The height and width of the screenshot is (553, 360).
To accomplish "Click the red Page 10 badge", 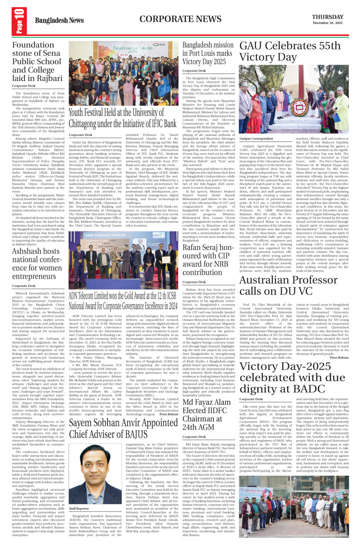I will tap(19, 21).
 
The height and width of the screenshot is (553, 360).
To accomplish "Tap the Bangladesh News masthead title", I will tap(59, 20).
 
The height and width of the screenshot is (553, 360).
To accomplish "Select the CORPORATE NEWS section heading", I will tap(180, 19).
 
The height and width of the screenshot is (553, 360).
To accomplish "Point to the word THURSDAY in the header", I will tap(327, 17).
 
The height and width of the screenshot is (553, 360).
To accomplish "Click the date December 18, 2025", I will tap(327, 23).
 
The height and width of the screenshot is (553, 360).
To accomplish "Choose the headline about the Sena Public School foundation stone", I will tap(37, 61).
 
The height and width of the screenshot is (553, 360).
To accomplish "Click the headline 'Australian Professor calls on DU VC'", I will tap(289, 285).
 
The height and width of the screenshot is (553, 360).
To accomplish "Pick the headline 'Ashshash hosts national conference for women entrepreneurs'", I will tap(37, 263).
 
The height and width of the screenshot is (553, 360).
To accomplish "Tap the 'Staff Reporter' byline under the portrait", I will tap(79, 508).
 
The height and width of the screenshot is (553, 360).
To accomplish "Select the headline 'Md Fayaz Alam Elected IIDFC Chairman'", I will tap(207, 415).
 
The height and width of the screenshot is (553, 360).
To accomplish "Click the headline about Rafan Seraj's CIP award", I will tap(208, 260).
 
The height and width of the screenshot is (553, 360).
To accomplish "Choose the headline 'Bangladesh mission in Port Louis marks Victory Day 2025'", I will tap(208, 53).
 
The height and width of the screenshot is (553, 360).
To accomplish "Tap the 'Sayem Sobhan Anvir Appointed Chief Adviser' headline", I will tap(123, 429).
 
